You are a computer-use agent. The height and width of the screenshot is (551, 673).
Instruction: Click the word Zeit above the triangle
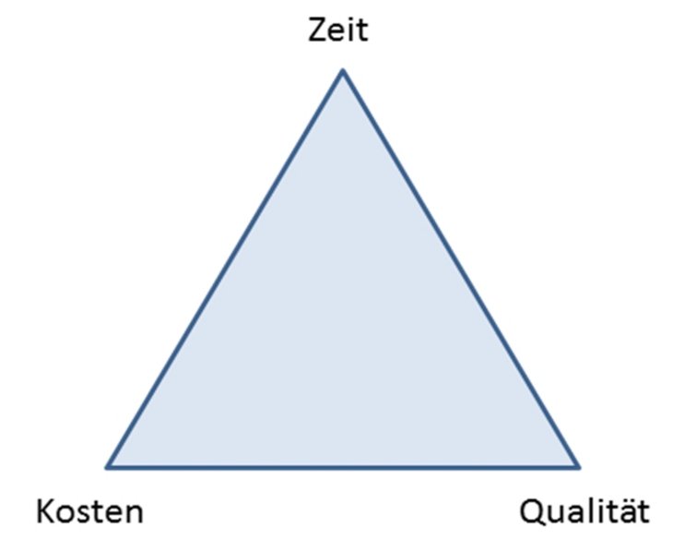[x=336, y=31]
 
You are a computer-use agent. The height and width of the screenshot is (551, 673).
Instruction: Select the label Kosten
[x=89, y=510]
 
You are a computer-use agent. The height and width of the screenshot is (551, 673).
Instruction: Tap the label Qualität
[x=584, y=510]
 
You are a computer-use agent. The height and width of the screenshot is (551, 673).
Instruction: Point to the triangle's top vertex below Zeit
[x=342, y=71]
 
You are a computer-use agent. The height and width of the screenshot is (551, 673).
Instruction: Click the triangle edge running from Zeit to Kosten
[x=225, y=269]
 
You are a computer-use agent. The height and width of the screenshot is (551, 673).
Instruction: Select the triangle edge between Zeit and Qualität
[x=460, y=269]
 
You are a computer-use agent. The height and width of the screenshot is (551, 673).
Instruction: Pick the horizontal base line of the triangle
[x=343, y=467]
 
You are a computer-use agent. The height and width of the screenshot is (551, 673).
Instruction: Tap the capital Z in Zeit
[x=316, y=31]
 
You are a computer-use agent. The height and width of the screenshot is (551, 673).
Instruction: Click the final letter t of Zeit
[x=361, y=31]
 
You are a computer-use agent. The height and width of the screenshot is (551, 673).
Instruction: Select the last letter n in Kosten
[x=134, y=512]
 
